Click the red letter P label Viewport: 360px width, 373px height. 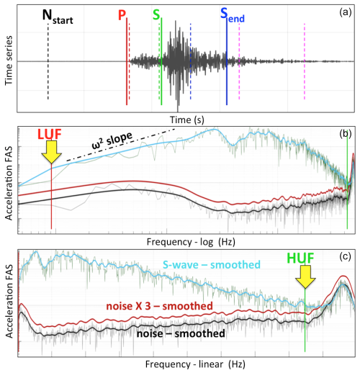click(121, 16)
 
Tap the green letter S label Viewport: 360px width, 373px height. click(156, 16)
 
